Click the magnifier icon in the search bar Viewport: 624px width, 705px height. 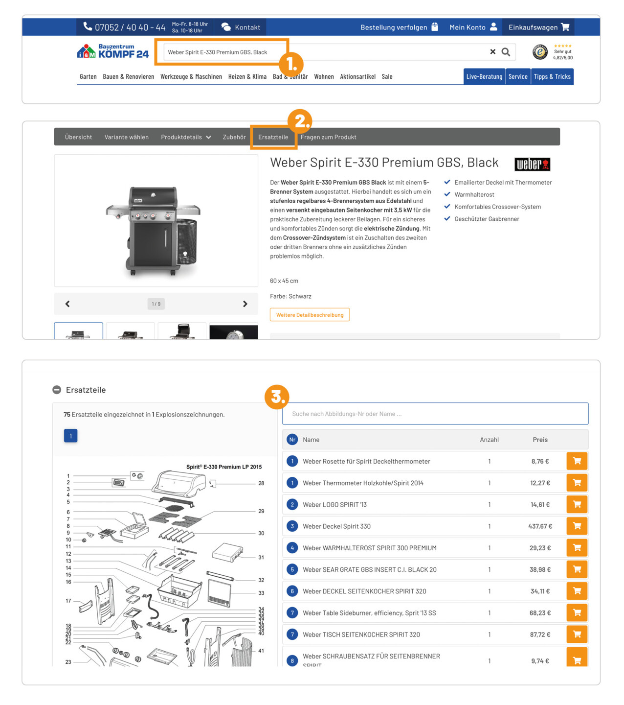tap(506, 52)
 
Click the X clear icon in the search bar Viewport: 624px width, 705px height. tap(492, 52)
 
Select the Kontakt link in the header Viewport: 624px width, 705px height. tap(241, 27)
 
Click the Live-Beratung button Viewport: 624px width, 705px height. tap(484, 77)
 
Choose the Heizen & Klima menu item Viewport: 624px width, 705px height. tap(247, 77)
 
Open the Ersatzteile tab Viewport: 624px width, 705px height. tap(273, 137)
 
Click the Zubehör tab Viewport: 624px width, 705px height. tap(234, 137)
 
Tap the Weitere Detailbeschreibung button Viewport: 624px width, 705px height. tap(310, 315)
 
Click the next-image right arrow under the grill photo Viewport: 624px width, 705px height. tap(245, 304)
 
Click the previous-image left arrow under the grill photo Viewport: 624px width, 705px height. tap(67, 304)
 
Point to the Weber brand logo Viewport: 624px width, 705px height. tap(532, 164)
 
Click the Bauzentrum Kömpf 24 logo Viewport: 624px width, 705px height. tap(112, 51)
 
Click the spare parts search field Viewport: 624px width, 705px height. tap(435, 414)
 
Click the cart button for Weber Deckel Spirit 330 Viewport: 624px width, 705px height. tap(577, 526)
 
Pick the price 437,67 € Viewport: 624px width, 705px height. tap(540, 526)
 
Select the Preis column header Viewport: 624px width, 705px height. tap(540, 440)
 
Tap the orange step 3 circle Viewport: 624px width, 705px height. tap(277, 397)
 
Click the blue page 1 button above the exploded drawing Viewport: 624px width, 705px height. tap(70, 436)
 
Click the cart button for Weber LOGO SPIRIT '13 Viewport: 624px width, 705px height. tap(577, 504)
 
